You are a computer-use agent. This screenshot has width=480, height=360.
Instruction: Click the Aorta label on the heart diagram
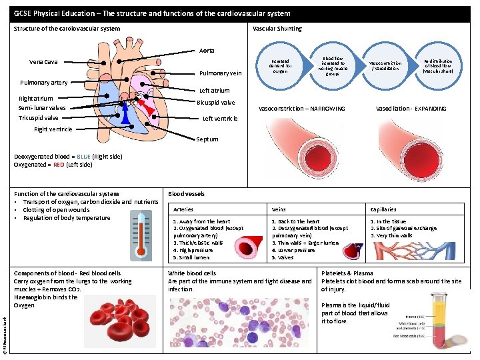[x=207, y=51]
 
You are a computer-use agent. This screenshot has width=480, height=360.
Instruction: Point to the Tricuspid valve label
[x=38, y=118]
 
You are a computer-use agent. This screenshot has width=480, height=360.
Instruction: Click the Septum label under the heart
[x=207, y=140]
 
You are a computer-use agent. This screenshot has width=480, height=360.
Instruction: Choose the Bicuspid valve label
[x=216, y=103]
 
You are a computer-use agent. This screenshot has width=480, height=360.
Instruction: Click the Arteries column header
[x=183, y=209]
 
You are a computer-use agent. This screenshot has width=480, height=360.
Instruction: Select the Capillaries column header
[x=383, y=209]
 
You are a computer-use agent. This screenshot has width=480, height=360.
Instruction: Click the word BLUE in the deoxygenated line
[x=83, y=157]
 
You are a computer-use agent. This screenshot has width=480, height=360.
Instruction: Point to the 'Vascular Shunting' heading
[x=277, y=29]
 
